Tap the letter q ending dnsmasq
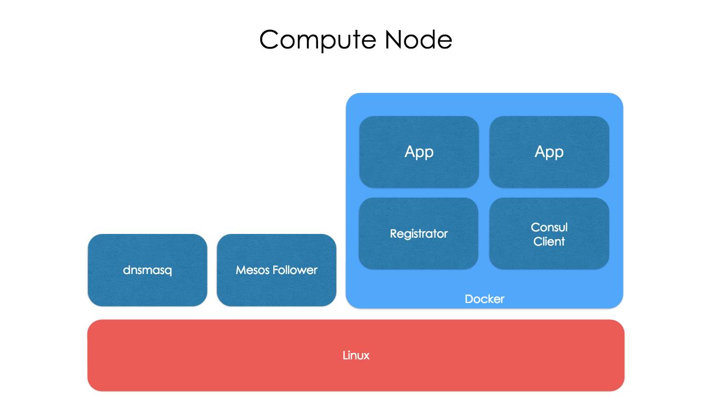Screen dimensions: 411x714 point(168,271)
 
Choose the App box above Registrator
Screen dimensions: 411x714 point(419,152)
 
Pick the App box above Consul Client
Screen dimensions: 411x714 point(549,152)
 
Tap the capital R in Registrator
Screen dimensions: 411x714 point(393,233)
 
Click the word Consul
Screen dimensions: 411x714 point(549,227)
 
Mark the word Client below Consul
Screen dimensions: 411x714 point(549,241)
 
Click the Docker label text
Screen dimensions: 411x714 point(484,299)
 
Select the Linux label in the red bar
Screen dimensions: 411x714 point(356,356)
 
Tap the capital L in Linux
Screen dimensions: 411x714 point(345,356)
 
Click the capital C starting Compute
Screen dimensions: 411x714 point(270,40)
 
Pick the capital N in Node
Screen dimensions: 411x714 point(393,40)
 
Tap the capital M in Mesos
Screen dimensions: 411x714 point(241,270)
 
